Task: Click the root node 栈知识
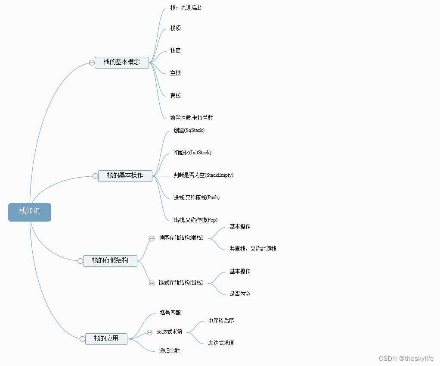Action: (29, 212)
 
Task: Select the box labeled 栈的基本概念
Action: (122, 62)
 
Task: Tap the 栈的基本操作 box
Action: (125, 175)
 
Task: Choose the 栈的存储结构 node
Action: (110, 260)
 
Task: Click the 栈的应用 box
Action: (106, 338)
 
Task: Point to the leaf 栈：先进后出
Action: (186, 8)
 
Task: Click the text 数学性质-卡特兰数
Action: (191, 118)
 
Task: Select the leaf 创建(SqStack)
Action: (189, 130)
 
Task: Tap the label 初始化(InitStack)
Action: (192, 153)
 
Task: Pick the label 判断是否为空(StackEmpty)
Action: (203, 175)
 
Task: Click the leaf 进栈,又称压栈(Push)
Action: (196, 197)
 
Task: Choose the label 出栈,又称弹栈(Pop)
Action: (195, 220)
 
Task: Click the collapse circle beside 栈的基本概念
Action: (92, 63)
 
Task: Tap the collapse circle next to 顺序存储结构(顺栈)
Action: (152, 238)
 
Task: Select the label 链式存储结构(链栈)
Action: (181, 283)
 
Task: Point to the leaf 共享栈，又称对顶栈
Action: (253, 249)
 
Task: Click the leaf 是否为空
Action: (240, 294)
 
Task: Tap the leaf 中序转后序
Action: (221, 320)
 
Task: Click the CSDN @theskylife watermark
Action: (406, 359)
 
